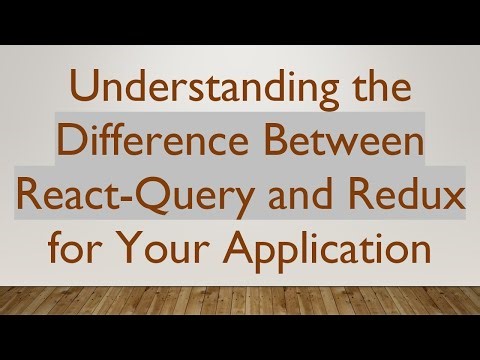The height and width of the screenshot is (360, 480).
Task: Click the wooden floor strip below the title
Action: coord(240,310)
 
